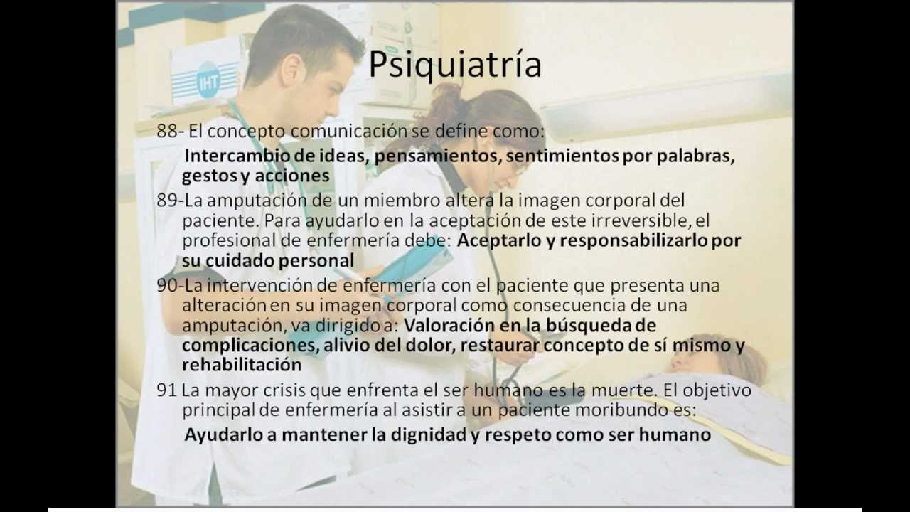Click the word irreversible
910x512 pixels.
pos(652,220)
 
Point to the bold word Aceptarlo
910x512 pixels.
pos(498,240)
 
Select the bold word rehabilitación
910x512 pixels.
pos(242,365)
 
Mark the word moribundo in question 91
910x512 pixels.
pos(589,410)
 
